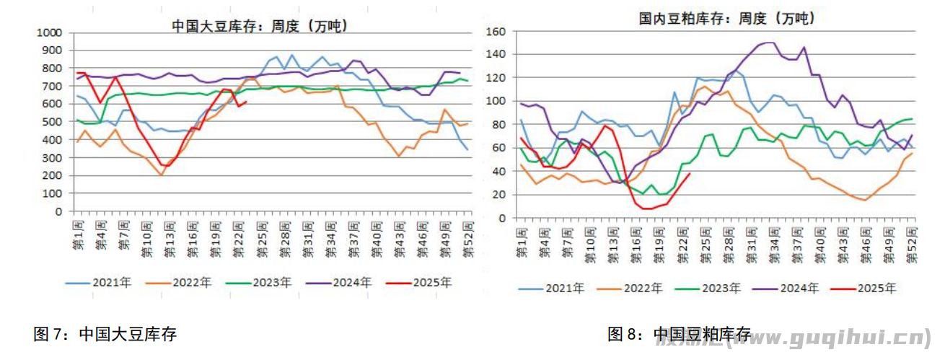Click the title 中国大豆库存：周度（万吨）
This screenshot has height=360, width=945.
click(259, 26)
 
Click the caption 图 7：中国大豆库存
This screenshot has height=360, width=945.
click(105, 334)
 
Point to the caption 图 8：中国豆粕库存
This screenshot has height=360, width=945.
click(679, 334)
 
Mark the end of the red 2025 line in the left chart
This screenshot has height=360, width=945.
click(247, 102)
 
